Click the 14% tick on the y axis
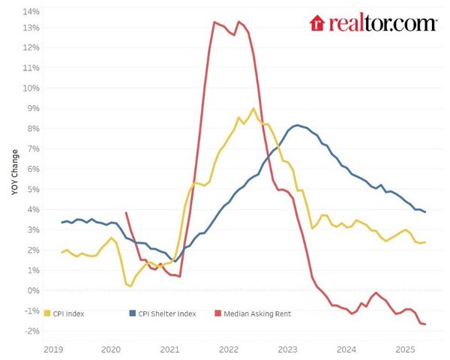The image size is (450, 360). (31, 12)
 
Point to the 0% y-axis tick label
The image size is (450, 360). (33, 290)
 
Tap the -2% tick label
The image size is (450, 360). (31, 330)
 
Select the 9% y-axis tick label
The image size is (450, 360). (33, 108)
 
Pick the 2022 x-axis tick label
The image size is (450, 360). (228, 349)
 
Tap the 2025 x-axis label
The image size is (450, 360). (405, 349)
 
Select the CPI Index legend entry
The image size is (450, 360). (64, 313)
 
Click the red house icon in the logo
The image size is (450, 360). (316, 23)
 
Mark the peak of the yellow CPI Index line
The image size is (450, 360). (253, 109)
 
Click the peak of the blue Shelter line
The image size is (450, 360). (298, 125)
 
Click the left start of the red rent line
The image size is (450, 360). (125, 213)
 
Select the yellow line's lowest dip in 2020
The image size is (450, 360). (130, 286)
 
